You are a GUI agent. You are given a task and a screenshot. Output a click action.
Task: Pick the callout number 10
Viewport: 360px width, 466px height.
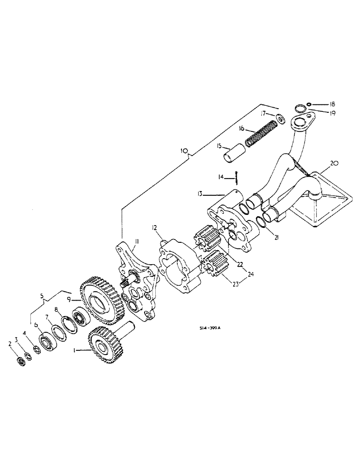pyautogui.click(x=184, y=151)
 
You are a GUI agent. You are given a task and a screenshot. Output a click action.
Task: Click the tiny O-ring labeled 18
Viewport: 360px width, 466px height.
pyautogui.click(x=311, y=104)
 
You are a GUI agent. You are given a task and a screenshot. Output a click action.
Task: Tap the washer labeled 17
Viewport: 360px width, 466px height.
pyautogui.click(x=281, y=119)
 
